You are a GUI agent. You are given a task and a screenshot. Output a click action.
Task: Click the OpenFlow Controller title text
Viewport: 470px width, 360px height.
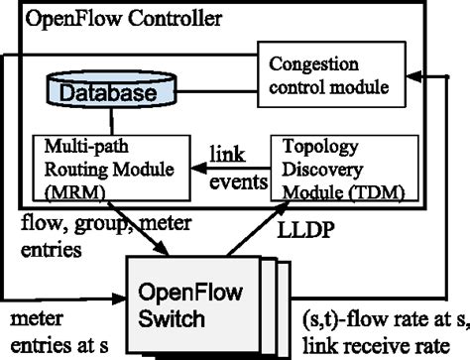(x=125, y=19)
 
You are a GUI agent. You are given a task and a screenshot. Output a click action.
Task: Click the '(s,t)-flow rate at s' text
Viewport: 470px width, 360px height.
(x=382, y=320)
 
